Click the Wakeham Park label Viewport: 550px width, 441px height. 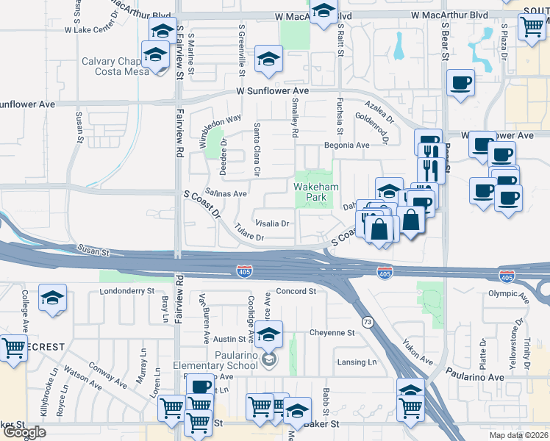316,193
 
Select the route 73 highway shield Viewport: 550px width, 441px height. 366,322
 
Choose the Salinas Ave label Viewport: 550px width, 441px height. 225,193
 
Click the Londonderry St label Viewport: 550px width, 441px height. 127,291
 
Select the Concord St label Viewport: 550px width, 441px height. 296,291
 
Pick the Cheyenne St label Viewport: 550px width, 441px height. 332,332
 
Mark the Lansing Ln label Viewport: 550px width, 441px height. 356,362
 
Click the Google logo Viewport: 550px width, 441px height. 24,432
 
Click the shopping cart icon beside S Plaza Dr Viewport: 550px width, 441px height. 531,27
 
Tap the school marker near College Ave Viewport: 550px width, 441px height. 52,298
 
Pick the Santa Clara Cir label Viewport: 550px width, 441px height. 257,149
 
